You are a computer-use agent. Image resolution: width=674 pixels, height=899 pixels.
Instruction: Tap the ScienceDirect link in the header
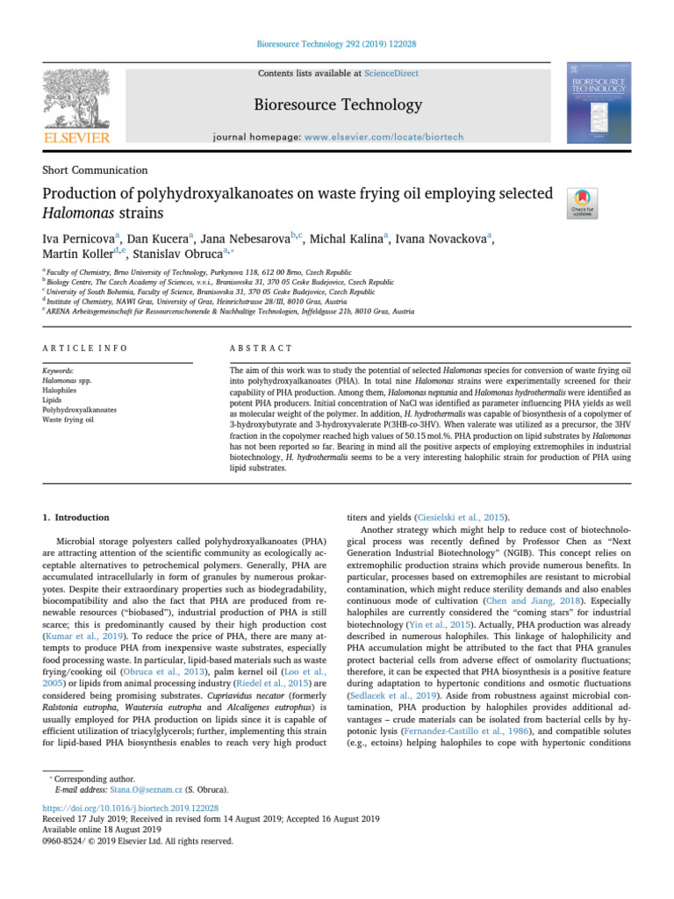391,74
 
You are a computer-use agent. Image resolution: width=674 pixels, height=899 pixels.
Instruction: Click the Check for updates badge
583,203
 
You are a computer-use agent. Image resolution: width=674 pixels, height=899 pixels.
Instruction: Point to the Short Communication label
95,170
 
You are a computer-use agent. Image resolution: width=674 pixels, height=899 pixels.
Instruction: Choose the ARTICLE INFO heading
85,349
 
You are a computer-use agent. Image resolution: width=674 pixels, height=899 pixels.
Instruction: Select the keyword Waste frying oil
69,420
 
